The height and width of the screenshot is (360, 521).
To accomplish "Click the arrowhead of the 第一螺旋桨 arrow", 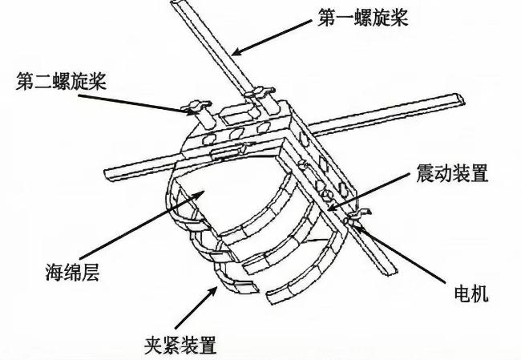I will tap(233, 53).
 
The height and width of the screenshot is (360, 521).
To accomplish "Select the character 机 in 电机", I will tap(479, 294).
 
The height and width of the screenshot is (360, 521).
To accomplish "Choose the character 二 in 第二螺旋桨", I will tap(41, 83).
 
